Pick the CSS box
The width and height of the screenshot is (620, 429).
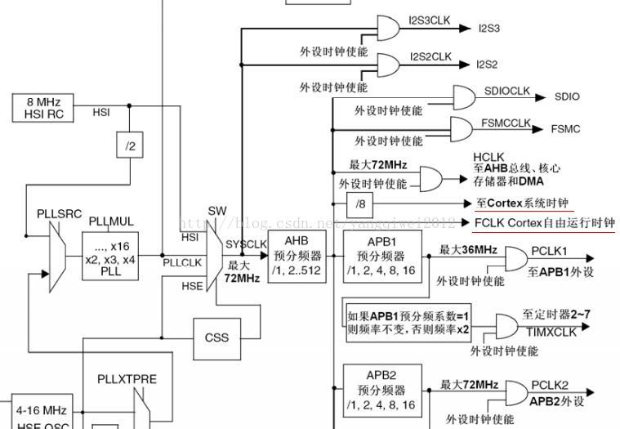click(x=216, y=337)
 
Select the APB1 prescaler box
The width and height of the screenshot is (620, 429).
click(x=381, y=256)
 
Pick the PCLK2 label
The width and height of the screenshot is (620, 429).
click(x=550, y=385)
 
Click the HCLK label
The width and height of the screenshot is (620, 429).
click(x=488, y=157)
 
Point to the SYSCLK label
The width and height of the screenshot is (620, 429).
click(x=245, y=244)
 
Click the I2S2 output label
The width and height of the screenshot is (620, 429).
click(x=488, y=64)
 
